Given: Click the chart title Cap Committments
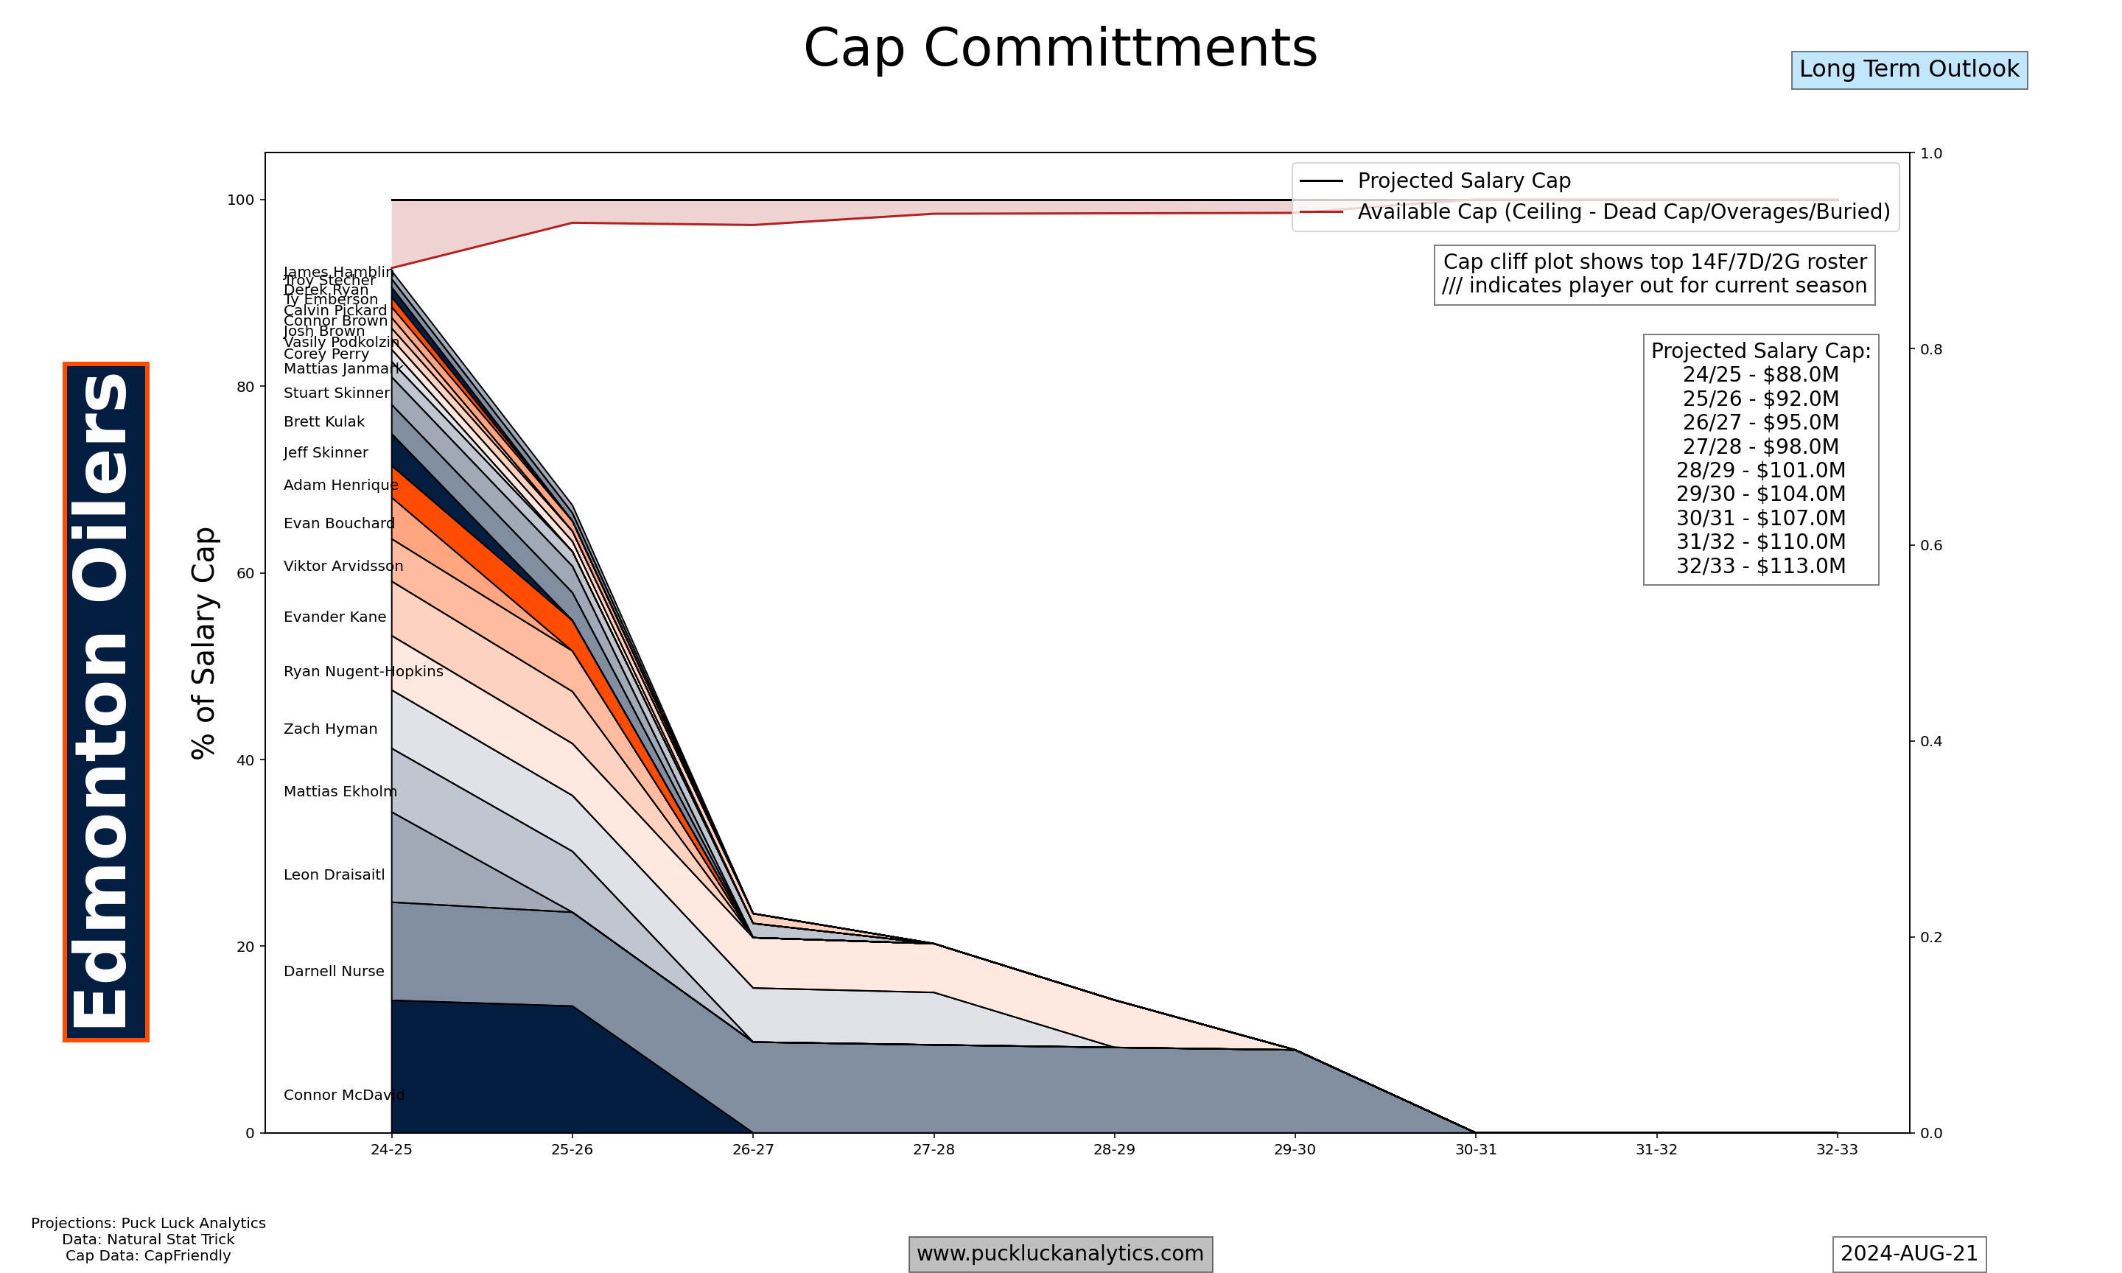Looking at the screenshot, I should click(1060, 48).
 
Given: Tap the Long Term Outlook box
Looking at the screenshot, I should click(1908, 69).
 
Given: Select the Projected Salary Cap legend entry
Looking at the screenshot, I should click(1463, 181).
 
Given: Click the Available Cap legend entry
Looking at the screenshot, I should click(1622, 212).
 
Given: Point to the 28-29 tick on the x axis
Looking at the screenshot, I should click(1113, 1149).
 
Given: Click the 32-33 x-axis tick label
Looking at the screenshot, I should click(1836, 1149).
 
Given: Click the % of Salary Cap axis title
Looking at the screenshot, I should click(204, 642).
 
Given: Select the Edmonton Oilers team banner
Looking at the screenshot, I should click(105, 701).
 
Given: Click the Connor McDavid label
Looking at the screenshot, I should click(344, 1095).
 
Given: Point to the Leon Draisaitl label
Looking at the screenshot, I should click(334, 875).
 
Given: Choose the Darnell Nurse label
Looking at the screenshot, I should click(334, 971).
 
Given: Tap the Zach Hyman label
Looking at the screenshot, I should click(330, 729).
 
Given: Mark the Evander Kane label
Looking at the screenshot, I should click(335, 617).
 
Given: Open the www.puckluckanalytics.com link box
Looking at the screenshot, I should click(1060, 1253).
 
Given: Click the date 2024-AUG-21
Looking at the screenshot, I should click(1908, 1253).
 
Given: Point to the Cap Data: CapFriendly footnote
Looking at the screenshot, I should click(147, 1256).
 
